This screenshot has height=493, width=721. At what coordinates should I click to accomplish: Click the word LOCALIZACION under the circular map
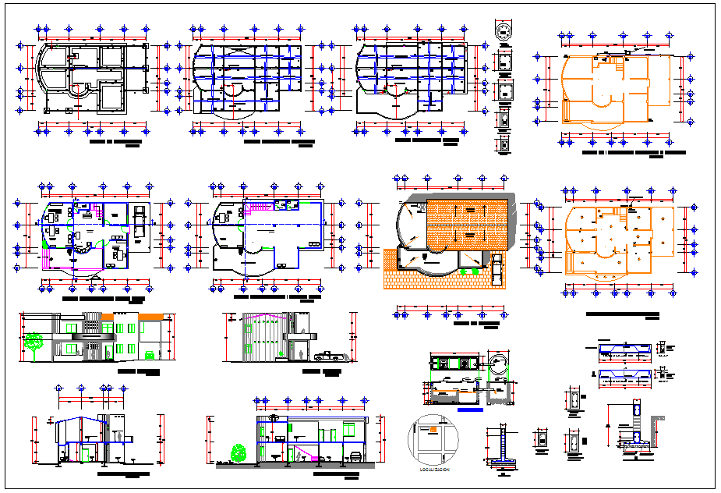[434, 471]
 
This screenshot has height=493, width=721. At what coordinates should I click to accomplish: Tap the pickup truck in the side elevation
[327, 356]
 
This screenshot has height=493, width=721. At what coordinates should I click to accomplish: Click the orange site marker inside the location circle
[426, 427]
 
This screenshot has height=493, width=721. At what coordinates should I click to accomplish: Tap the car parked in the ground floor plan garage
[138, 220]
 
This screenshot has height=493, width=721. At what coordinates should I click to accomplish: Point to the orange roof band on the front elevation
[151, 314]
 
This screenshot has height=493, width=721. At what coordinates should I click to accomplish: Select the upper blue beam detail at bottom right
[624, 350]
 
